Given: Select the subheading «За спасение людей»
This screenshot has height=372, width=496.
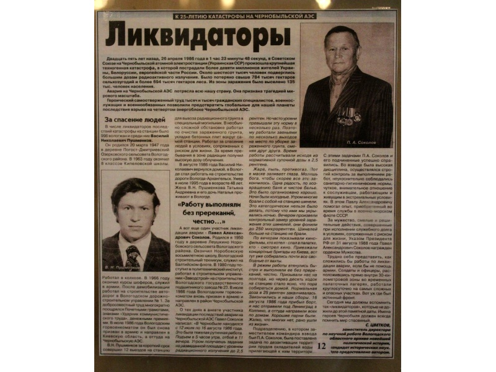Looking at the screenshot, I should (x=135, y=120).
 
